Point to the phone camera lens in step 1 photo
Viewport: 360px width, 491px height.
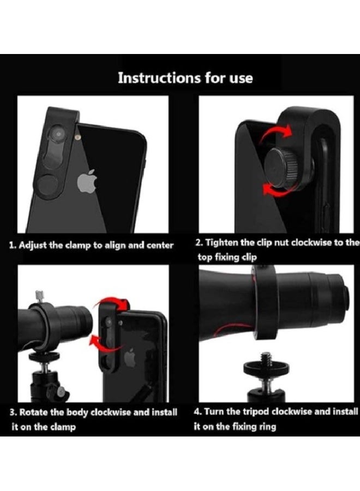pos(57,133)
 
